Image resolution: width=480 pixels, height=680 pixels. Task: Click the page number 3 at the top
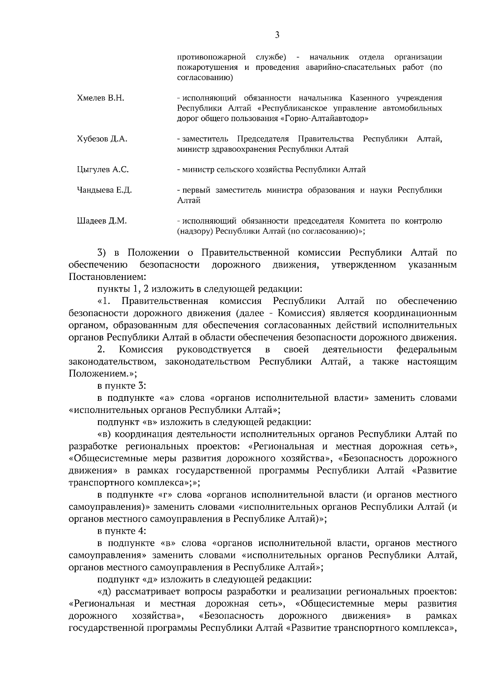[277, 35]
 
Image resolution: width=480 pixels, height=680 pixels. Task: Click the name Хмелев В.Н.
[100, 98]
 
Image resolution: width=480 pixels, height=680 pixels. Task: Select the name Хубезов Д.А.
[102, 139]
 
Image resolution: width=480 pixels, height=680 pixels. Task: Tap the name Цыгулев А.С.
[103, 170]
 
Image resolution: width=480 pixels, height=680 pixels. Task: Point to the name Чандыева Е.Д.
[104, 190]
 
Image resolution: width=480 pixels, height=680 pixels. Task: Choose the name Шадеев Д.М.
[102, 221]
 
